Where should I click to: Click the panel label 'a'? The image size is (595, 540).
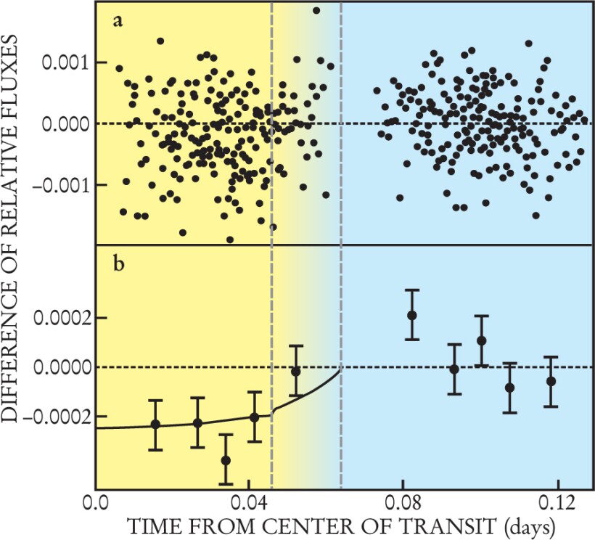pyautogui.click(x=117, y=22)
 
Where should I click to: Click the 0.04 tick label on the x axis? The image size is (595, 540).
pyautogui.click(x=249, y=502)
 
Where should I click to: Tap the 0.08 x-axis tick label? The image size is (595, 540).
pyautogui.click(x=403, y=502)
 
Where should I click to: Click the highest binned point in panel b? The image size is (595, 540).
pyautogui.click(x=412, y=315)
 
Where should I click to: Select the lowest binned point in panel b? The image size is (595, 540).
pyautogui.click(x=226, y=459)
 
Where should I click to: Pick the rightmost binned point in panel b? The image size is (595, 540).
pyautogui.click(x=551, y=381)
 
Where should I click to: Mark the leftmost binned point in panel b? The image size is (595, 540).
pyautogui.click(x=155, y=424)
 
